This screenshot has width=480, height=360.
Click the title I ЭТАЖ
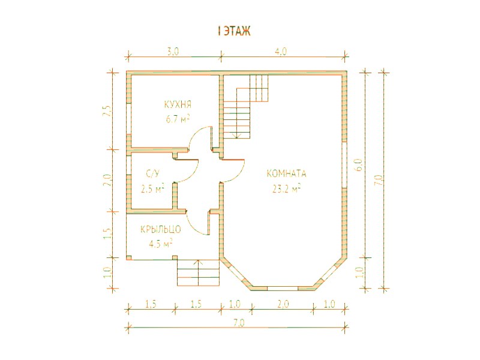234,31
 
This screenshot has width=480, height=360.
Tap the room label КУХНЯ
178,104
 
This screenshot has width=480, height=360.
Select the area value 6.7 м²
178,119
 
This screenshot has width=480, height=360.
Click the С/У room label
152,174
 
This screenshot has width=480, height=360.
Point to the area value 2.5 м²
152,188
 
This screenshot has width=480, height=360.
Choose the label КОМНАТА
286,173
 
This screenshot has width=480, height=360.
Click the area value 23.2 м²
286,188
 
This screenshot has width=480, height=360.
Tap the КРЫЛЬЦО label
161,229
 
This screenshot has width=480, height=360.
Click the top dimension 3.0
173,52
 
